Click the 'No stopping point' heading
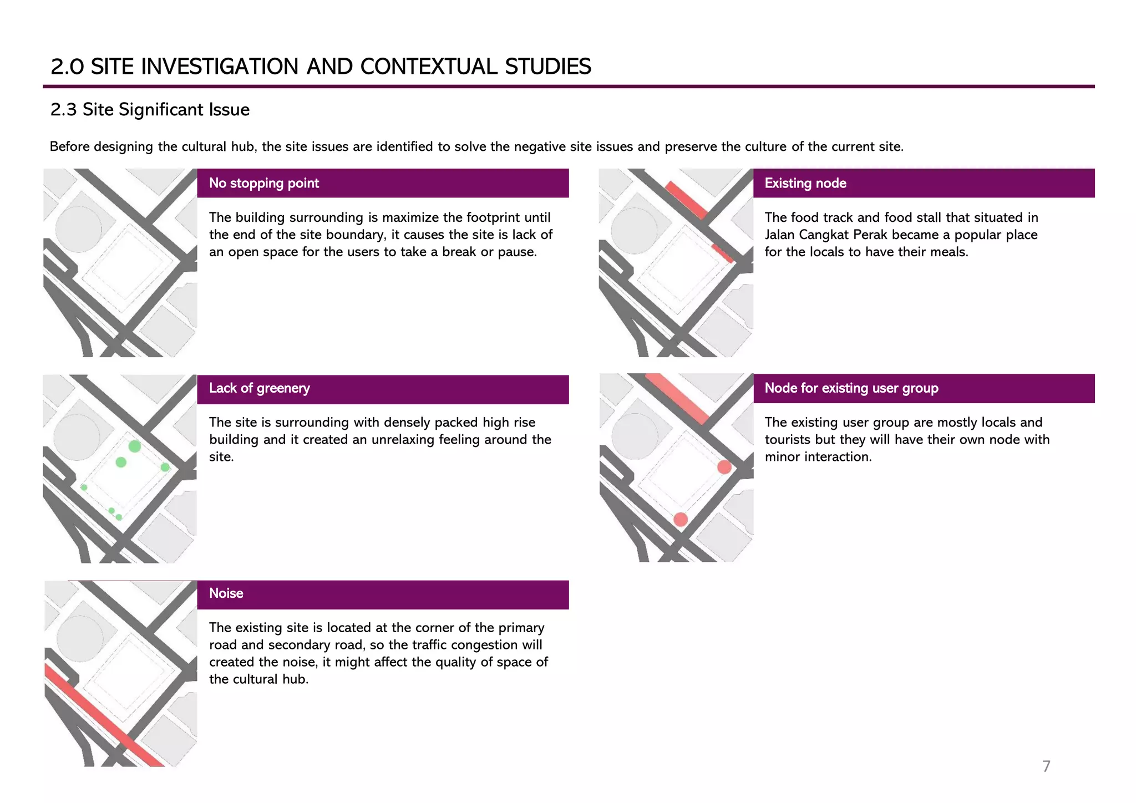(263, 184)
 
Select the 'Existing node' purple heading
(805, 184)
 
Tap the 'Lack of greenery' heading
(259, 388)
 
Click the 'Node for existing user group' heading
(851, 388)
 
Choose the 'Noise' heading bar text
(226, 593)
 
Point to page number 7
(1046, 766)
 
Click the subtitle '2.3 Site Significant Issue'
(150, 110)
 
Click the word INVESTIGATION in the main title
(221, 67)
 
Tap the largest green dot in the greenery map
(135, 446)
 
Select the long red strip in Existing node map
(686, 200)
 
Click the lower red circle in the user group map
(681, 519)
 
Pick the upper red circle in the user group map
(724, 467)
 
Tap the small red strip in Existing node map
(722, 253)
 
